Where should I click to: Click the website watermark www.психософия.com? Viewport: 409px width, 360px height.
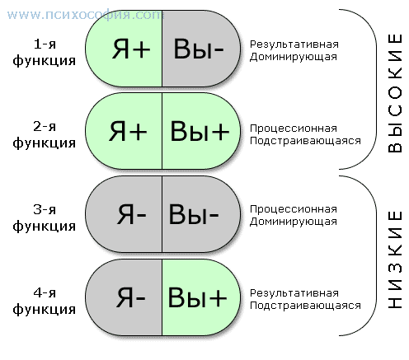86,15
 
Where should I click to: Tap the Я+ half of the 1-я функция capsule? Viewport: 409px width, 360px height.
124,49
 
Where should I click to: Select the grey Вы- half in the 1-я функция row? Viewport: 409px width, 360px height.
201,49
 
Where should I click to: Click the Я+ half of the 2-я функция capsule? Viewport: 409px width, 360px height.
124,131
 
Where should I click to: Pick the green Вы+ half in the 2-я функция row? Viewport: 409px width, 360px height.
201,131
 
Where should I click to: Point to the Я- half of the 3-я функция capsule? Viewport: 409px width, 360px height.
124,214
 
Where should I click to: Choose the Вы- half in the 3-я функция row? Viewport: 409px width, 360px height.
201,214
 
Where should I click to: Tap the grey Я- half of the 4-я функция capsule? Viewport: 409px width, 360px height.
124,297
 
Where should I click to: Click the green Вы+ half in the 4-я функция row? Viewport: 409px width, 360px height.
201,297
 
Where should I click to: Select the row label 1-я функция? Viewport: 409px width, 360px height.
45,52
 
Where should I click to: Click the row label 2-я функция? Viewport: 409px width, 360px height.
45,134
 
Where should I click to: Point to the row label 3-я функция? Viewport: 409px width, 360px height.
45,217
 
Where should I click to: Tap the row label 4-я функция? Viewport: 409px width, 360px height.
45,301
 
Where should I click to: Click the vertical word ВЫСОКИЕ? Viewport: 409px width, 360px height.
395,93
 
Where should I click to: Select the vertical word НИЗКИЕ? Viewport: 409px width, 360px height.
395,259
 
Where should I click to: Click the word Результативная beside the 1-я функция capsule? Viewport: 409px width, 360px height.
294,44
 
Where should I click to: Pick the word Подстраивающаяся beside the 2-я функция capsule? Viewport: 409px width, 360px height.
305,141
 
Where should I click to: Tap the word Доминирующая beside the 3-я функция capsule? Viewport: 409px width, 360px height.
294,222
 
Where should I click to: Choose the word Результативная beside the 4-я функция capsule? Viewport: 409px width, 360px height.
294,293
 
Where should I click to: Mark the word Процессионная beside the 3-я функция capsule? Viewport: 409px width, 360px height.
294,209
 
